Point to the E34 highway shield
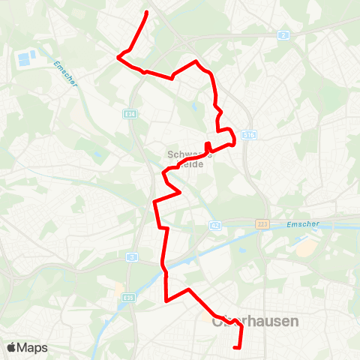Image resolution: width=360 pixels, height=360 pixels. pos(131,113)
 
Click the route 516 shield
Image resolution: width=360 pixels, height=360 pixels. pos(250,136)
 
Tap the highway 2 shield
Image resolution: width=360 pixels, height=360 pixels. pos(283,35)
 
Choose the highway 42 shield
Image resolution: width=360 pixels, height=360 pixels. pos(215,224)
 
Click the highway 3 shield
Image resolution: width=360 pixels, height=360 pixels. pos(132,257)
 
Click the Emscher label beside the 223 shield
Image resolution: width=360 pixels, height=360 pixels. pos(303,223)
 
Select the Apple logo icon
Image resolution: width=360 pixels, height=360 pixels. pos(13,347)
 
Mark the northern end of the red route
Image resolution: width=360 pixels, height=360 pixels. pos(146,13)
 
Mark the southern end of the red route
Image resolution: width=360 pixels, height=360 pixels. pos(237,347)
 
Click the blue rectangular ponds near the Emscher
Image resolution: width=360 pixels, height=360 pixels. pos(27,56)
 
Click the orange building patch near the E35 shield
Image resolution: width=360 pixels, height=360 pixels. pos(118,287)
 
